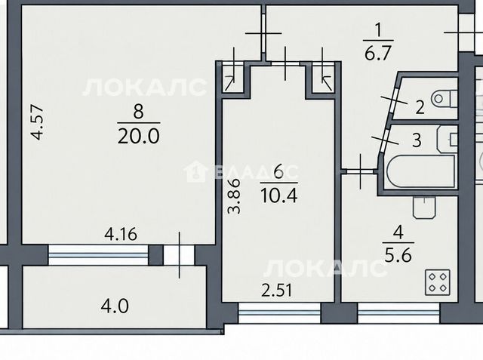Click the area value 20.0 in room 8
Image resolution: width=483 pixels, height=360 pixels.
click(x=139, y=136)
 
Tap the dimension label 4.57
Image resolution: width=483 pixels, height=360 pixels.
click(x=38, y=122)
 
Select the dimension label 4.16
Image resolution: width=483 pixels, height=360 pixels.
click(x=121, y=235)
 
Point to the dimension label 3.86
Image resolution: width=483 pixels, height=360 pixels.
click(x=233, y=196)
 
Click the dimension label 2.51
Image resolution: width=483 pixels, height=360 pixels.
click(x=277, y=291)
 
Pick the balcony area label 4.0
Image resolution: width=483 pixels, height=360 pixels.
click(x=115, y=306)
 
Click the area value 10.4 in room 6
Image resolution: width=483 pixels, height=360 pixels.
click(x=278, y=195)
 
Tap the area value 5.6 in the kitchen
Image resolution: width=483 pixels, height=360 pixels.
click(x=398, y=254)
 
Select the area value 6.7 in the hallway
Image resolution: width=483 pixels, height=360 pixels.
click(x=377, y=53)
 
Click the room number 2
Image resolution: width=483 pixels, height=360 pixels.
click(x=420, y=107)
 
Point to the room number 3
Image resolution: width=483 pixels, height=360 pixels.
click(x=417, y=140)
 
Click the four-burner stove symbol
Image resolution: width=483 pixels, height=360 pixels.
click(x=438, y=282)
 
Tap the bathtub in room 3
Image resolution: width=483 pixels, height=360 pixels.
click(x=421, y=171)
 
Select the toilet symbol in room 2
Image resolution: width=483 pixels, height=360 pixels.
click(x=445, y=99)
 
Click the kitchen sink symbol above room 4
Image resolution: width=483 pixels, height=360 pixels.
click(x=425, y=208)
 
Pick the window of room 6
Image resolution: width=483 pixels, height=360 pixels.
click(x=280, y=312)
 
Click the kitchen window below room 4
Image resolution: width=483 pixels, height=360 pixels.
click(x=399, y=312)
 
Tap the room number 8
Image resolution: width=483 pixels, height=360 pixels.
click(x=138, y=111)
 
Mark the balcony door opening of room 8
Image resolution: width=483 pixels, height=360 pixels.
click(x=179, y=254)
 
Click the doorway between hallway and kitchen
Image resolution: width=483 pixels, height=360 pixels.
click(x=360, y=171)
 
